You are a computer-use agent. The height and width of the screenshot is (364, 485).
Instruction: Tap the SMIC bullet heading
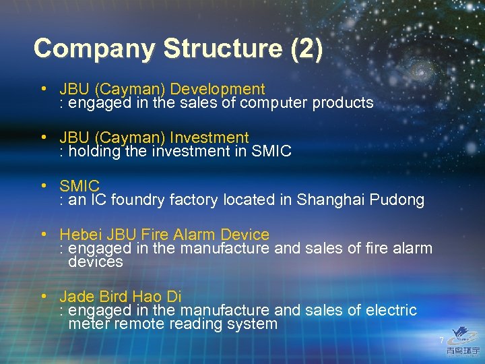pyautogui.click(x=79, y=186)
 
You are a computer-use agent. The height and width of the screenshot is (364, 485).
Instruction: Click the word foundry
pyautogui.click(x=138, y=200)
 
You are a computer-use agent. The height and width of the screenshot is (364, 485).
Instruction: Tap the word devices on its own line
pyautogui.click(x=96, y=262)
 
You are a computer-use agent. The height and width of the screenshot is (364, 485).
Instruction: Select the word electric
pyautogui.click(x=391, y=311)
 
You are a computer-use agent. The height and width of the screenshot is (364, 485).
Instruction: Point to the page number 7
pyautogui.click(x=442, y=340)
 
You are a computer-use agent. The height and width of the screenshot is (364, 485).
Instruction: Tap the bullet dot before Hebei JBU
pyautogui.click(x=42, y=234)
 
